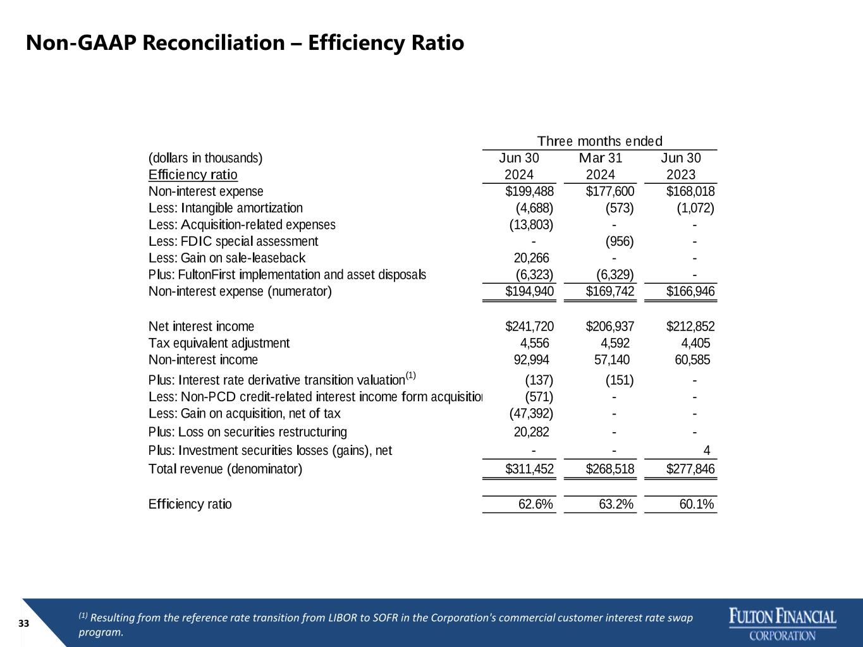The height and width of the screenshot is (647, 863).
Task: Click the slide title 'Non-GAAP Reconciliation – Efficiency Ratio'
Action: coord(245,43)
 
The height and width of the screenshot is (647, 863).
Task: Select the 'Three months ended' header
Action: coord(599,141)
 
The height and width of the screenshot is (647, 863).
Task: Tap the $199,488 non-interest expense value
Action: coord(529,191)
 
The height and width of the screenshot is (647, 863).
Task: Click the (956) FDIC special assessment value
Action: coord(620,241)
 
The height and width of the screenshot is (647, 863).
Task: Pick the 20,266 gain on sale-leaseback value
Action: coord(531,258)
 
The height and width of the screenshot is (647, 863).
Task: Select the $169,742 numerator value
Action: coord(610,291)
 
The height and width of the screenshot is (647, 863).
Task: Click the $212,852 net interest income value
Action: coord(690,326)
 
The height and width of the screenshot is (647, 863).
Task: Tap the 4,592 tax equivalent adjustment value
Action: coord(615,343)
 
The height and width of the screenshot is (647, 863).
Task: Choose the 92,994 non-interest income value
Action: coord(531,360)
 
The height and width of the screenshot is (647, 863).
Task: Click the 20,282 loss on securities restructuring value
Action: coord(531,432)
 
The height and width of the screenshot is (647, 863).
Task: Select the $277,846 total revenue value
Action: coord(690,469)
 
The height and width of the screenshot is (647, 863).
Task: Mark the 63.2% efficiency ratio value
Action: coord(616,504)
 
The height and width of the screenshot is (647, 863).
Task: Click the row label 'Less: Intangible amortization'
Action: coord(226,208)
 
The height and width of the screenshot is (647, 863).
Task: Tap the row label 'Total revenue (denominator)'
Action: coord(225,469)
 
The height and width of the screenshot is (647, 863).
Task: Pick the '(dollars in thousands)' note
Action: coord(205,158)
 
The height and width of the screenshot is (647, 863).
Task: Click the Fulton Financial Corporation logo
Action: coord(783,624)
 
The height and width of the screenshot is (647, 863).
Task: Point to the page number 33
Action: coord(23,624)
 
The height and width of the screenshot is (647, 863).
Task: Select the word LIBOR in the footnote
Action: coord(342,618)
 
